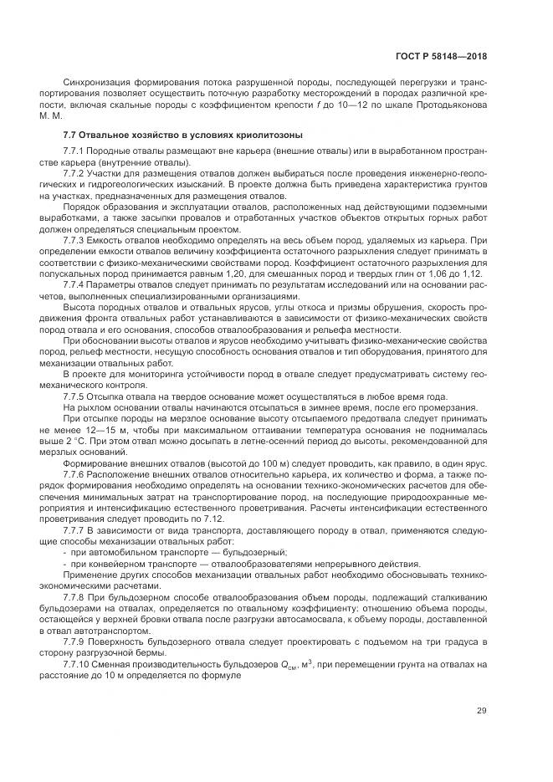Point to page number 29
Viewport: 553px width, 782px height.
(481, 711)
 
